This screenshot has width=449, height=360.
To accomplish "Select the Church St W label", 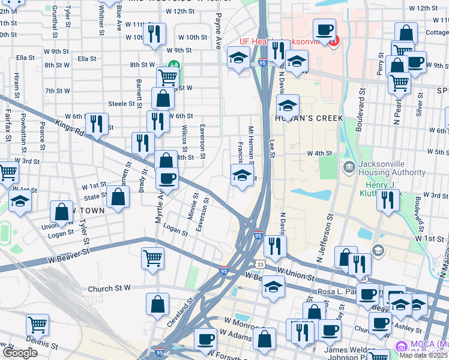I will coord(109,289).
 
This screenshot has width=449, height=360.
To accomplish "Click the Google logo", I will coord(20,353).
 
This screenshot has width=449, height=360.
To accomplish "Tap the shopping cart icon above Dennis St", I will coord(37,325).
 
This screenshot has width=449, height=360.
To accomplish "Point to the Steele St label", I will coord(121,104).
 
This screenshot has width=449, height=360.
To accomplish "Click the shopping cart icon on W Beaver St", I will coord(153,257).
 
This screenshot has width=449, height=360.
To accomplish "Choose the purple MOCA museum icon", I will coord(401,346).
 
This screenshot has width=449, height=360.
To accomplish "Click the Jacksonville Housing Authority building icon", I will coord(349,166).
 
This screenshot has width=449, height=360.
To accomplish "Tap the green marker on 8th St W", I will coord(173,64).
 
